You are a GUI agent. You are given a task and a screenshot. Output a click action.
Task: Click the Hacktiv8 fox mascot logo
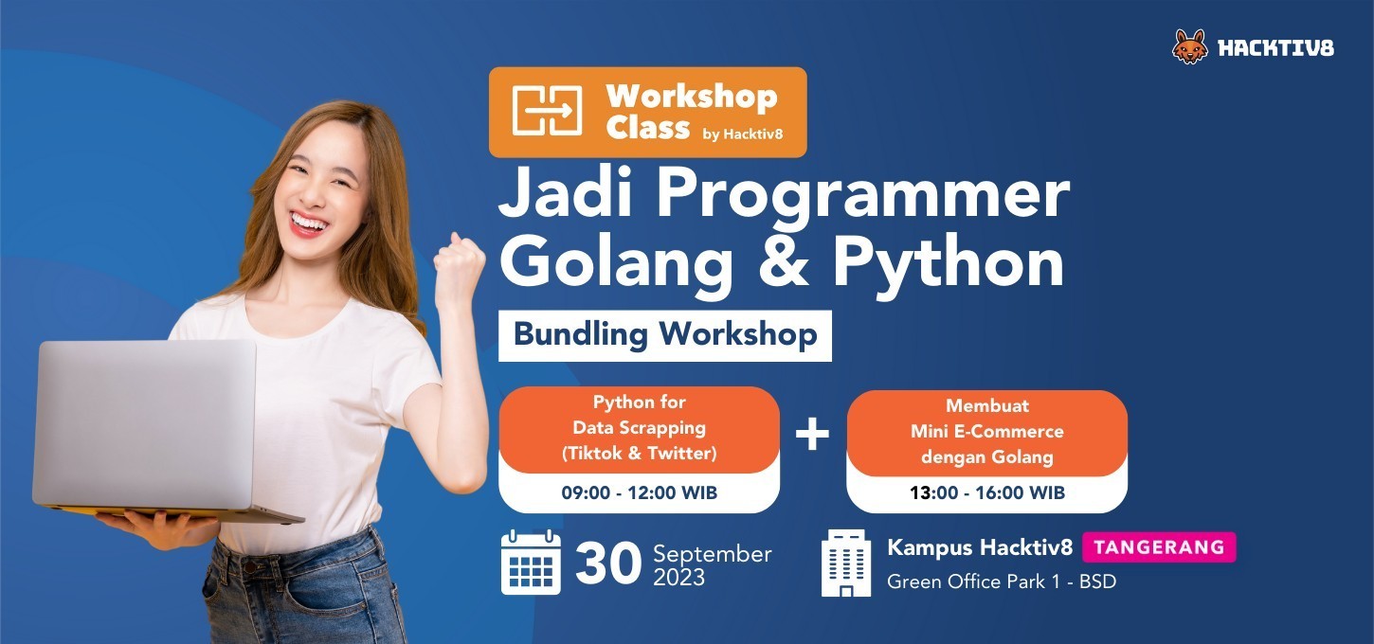pyautogui.click(x=1190, y=46)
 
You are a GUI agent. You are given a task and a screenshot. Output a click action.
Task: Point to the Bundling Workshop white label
pyautogui.click(x=665, y=335)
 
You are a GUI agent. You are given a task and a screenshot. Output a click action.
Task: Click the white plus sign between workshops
pyautogui.click(x=812, y=434)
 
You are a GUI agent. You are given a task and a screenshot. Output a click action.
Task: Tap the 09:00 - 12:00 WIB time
pyautogui.click(x=640, y=492)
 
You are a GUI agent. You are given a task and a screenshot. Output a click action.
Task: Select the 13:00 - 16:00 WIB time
pyautogui.click(x=987, y=492)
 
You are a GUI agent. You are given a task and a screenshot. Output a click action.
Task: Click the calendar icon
pyautogui.click(x=531, y=563)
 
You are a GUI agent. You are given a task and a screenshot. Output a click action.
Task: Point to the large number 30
pyautogui.click(x=607, y=563)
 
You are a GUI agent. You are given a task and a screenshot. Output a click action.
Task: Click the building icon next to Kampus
pyautogui.click(x=846, y=563)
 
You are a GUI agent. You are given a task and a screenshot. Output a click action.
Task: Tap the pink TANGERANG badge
pyautogui.click(x=1159, y=547)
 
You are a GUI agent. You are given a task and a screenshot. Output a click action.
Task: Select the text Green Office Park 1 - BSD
pyautogui.click(x=1001, y=581)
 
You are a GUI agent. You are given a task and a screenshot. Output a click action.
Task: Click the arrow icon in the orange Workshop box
pyautogui.click(x=547, y=111)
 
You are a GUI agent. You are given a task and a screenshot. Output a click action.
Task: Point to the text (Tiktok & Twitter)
pyautogui.click(x=640, y=454)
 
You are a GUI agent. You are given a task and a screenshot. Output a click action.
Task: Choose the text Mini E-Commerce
pyautogui.click(x=987, y=431)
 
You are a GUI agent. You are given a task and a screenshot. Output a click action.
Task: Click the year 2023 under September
pyautogui.click(x=679, y=578)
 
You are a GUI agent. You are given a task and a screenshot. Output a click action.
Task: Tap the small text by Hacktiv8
pyautogui.click(x=743, y=134)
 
